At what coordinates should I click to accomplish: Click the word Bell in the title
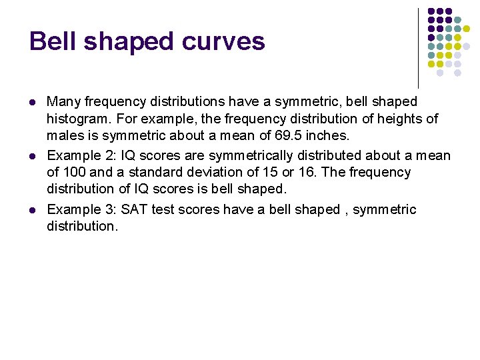tap(53, 41)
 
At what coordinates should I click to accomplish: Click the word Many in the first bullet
tap(62, 102)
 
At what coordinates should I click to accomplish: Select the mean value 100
tap(73, 173)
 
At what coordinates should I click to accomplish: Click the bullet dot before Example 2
tap(33, 156)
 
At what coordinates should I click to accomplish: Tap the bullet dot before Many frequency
tap(33, 103)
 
